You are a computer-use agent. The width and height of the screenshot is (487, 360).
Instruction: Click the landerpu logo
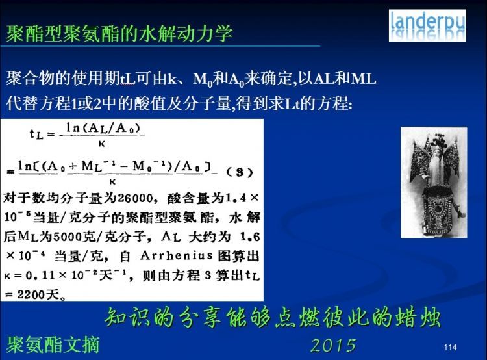(x=427, y=25)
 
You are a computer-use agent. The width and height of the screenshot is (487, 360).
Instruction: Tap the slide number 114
(x=450, y=347)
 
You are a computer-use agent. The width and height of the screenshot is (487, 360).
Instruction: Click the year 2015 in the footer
(x=333, y=345)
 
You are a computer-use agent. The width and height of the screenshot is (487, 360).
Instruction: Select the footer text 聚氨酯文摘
(x=53, y=344)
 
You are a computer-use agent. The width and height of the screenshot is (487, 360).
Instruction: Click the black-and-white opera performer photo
(x=434, y=183)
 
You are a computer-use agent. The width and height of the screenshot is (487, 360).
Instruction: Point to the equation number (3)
(x=239, y=172)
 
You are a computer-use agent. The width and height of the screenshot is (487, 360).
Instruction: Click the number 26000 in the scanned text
(x=135, y=198)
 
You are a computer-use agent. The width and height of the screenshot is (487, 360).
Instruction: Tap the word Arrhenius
(x=176, y=255)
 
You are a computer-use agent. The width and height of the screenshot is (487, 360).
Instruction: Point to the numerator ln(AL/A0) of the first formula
(x=103, y=128)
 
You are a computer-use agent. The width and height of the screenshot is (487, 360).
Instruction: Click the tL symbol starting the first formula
(x=36, y=134)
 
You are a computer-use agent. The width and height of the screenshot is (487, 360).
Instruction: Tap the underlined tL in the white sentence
(x=128, y=79)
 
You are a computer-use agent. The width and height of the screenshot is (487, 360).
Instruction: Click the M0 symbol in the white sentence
(x=203, y=79)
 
